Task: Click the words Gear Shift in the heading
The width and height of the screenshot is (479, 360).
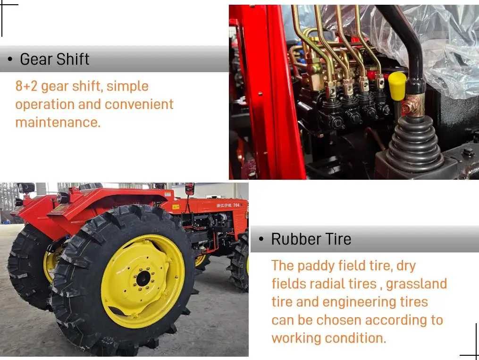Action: [54, 59]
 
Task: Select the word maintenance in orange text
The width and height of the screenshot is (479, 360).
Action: [58, 122]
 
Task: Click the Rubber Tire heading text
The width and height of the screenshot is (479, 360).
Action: [311, 239]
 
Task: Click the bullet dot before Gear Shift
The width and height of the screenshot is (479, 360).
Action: [9, 59]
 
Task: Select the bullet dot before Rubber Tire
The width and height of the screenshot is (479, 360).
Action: [261, 239]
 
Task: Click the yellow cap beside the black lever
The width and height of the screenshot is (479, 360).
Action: [397, 83]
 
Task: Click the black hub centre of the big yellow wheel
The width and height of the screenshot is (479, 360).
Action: [143, 278]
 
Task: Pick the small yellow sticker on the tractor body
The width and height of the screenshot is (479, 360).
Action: [176, 207]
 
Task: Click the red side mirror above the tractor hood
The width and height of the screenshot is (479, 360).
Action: [190, 188]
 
